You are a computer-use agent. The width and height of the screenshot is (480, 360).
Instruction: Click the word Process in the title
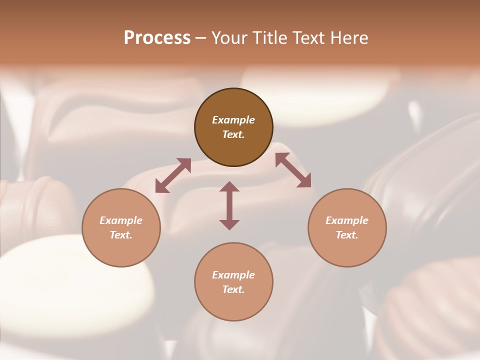[157, 38]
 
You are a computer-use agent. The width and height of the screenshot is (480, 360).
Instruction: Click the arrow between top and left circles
[173, 175]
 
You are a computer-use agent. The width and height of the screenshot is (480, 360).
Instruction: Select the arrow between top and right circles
[293, 170]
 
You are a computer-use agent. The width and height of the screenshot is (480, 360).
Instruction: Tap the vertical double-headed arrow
[229, 205]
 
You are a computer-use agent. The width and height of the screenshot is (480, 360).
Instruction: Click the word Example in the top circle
[233, 120]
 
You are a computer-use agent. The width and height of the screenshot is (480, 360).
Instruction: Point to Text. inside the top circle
[233, 134]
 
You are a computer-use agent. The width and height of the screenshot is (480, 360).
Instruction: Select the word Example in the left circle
[121, 220]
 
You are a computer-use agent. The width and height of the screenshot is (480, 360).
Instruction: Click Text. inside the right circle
[347, 235]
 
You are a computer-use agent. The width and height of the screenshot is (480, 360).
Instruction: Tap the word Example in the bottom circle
[233, 275]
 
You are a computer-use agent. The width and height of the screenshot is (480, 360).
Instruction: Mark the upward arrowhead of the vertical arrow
[229, 186]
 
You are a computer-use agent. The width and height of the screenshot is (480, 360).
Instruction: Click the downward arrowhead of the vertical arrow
[229, 224]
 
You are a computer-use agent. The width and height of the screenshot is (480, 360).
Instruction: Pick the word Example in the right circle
[347, 220]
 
